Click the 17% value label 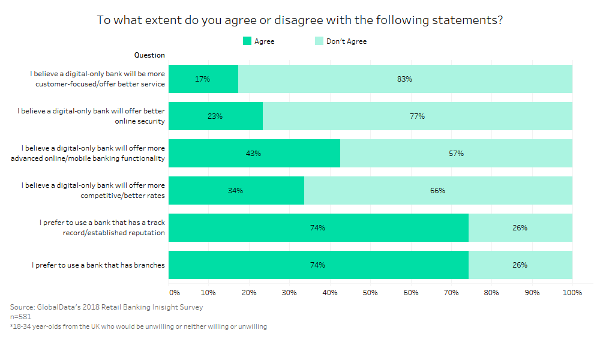pyautogui.click(x=203, y=79)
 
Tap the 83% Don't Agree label pyautogui.click(x=405, y=79)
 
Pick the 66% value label pyautogui.click(x=437, y=191)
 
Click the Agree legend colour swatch pyautogui.click(x=247, y=41)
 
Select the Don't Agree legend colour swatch pyautogui.click(x=319, y=41)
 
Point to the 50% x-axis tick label pyautogui.click(x=370, y=293)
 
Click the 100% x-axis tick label pyautogui.click(x=572, y=293)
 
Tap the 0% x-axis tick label pyautogui.click(x=175, y=293)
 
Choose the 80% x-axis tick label pyautogui.click(x=491, y=293)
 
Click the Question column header pyautogui.click(x=149, y=55)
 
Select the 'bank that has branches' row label pyautogui.click(x=98, y=265)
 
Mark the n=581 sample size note pyautogui.click(x=21, y=317)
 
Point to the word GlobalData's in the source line pyautogui.click(x=58, y=307)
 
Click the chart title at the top pyautogui.click(x=299, y=20)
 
